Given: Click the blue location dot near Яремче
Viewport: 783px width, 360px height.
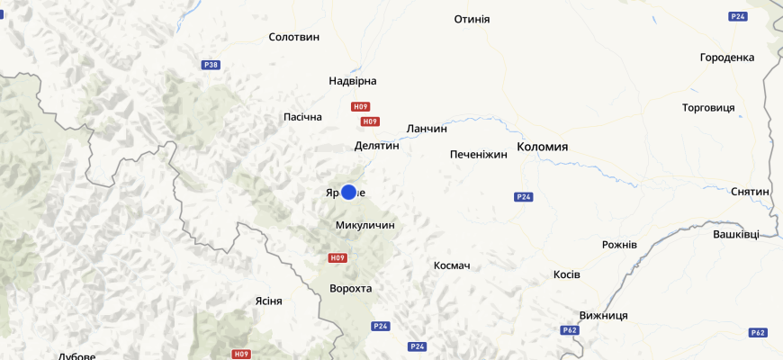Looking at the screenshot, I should point(349,192).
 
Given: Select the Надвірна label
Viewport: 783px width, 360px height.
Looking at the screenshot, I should point(353,81).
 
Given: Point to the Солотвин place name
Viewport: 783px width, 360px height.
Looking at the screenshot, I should point(294,37).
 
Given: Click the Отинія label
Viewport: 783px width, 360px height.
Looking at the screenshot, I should point(472,19).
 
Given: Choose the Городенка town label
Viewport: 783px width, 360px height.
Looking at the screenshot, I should point(726,58).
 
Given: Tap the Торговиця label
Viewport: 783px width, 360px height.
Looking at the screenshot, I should point(708,108).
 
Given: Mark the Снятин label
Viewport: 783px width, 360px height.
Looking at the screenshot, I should point(750,192).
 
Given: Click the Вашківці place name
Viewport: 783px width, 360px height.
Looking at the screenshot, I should point(735,234).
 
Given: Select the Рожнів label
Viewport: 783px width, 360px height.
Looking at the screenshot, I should point(619,245).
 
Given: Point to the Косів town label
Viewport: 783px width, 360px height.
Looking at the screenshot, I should point(567,274).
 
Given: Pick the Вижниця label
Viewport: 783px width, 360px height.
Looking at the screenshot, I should point(604,316).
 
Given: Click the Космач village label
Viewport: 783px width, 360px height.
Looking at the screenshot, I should point(452,265).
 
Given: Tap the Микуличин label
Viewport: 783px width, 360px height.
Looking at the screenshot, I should point(364,225).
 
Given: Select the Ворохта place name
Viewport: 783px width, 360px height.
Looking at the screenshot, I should point(351,289).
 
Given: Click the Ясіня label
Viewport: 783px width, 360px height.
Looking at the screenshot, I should point(268,301).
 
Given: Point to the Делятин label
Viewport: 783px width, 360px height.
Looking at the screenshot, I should point(376,146).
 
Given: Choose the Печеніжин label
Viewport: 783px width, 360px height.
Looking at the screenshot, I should point(479,155).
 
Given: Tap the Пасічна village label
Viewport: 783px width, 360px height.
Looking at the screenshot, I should point(302,117).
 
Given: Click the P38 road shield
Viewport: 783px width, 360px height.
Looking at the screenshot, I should point(211,65).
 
